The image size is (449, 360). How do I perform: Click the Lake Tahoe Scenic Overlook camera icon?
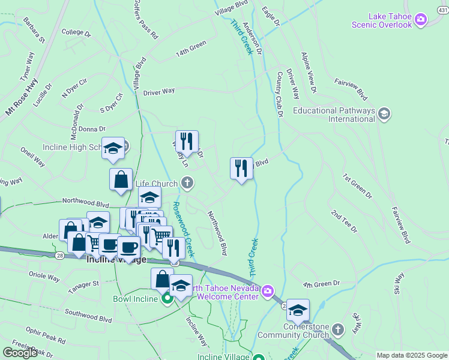click(x=421, y=20)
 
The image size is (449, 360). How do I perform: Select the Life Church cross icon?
click(x=187, y=183)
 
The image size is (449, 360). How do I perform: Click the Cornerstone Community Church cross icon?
click(x=338, y=329)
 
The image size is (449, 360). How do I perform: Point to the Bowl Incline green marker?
click(x=167, y=298)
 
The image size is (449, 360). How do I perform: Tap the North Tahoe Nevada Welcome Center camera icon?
click(x=267, y=292)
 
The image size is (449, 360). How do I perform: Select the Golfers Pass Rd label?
click(x=146, y=21)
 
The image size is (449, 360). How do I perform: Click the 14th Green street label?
click(x=191, y=49)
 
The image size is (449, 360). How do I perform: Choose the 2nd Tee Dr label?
click(x=343, y=221)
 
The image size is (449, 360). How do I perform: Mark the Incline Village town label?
click(x=116, y=260)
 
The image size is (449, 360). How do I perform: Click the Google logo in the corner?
click(x=20, y=352)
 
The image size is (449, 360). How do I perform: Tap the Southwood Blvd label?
click(x=88, y=316)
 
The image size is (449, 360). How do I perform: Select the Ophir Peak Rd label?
click(x=46, y=335)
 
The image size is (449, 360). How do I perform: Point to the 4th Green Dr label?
click(x=321, y=283)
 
